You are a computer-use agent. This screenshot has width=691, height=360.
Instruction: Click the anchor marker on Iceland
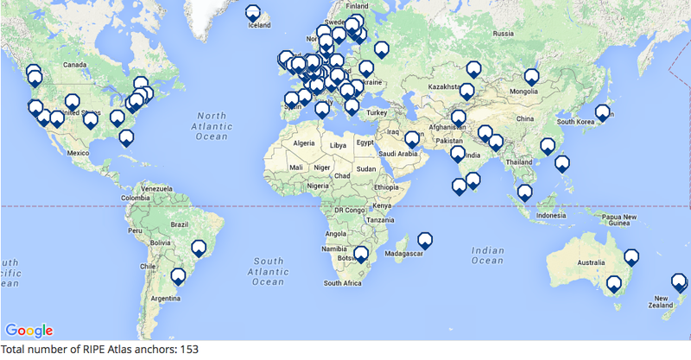(x=252, y=13)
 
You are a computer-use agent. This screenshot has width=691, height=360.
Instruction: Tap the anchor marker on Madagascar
(x=425, y=240)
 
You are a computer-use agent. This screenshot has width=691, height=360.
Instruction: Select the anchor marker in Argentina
(x=178, y=277)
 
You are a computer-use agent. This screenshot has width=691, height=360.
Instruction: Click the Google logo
(x=29, y=330)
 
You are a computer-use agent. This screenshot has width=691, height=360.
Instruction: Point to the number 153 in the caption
(x=189, y=350)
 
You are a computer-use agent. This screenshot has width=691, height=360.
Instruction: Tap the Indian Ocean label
(x=488, y=255)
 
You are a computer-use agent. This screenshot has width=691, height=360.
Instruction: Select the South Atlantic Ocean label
(x=268, y=270)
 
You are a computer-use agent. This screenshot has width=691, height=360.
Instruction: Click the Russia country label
(x=503, y=34)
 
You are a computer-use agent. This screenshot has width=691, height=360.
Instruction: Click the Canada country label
(x=76, y=65)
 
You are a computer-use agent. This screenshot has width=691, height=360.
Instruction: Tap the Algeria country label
(x=304, y=142)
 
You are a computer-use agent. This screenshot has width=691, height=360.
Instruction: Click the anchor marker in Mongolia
(x=532, y=77)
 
